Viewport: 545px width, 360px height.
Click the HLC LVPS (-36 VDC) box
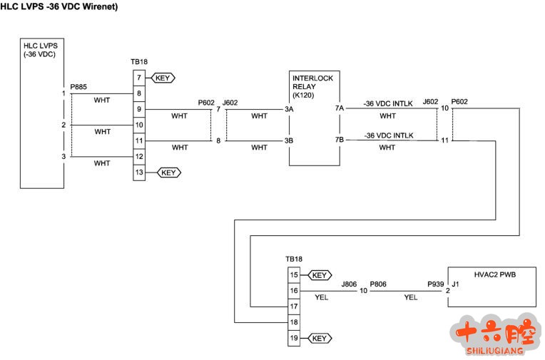pos(43,114)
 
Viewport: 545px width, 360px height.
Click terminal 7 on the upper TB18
pos(139,78)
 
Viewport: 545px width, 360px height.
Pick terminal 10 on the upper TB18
pos(139,125)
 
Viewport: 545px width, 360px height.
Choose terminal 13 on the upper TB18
pos(139,173)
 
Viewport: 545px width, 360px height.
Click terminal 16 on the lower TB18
pos(293,291)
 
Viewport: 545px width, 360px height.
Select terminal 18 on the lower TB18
pos(293,322)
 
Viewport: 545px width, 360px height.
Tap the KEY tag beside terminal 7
pos(163,78)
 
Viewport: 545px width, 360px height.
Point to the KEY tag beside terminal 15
pos(319,275)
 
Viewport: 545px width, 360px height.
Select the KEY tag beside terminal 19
pos(319,338)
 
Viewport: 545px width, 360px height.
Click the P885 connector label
pos(78,87)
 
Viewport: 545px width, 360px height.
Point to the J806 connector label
pos(349,284)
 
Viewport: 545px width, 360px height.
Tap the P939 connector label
pos(435,284)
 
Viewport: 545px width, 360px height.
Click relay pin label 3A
pos(289,110)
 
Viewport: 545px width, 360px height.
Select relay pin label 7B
pos(340,140)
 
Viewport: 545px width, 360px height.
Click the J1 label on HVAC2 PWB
pos(457,284)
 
